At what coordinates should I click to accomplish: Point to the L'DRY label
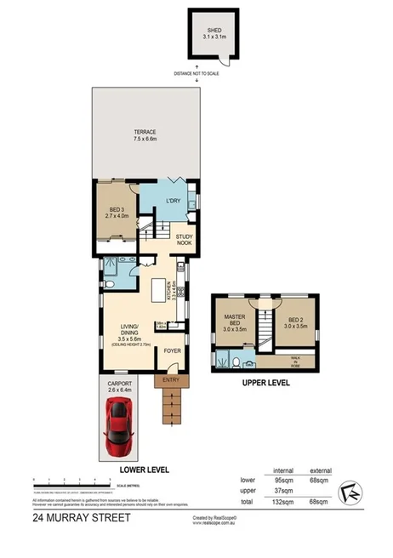pos(173,202)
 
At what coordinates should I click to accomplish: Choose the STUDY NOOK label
pos(184,240)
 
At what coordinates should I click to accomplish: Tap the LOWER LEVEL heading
pos(145,470)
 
